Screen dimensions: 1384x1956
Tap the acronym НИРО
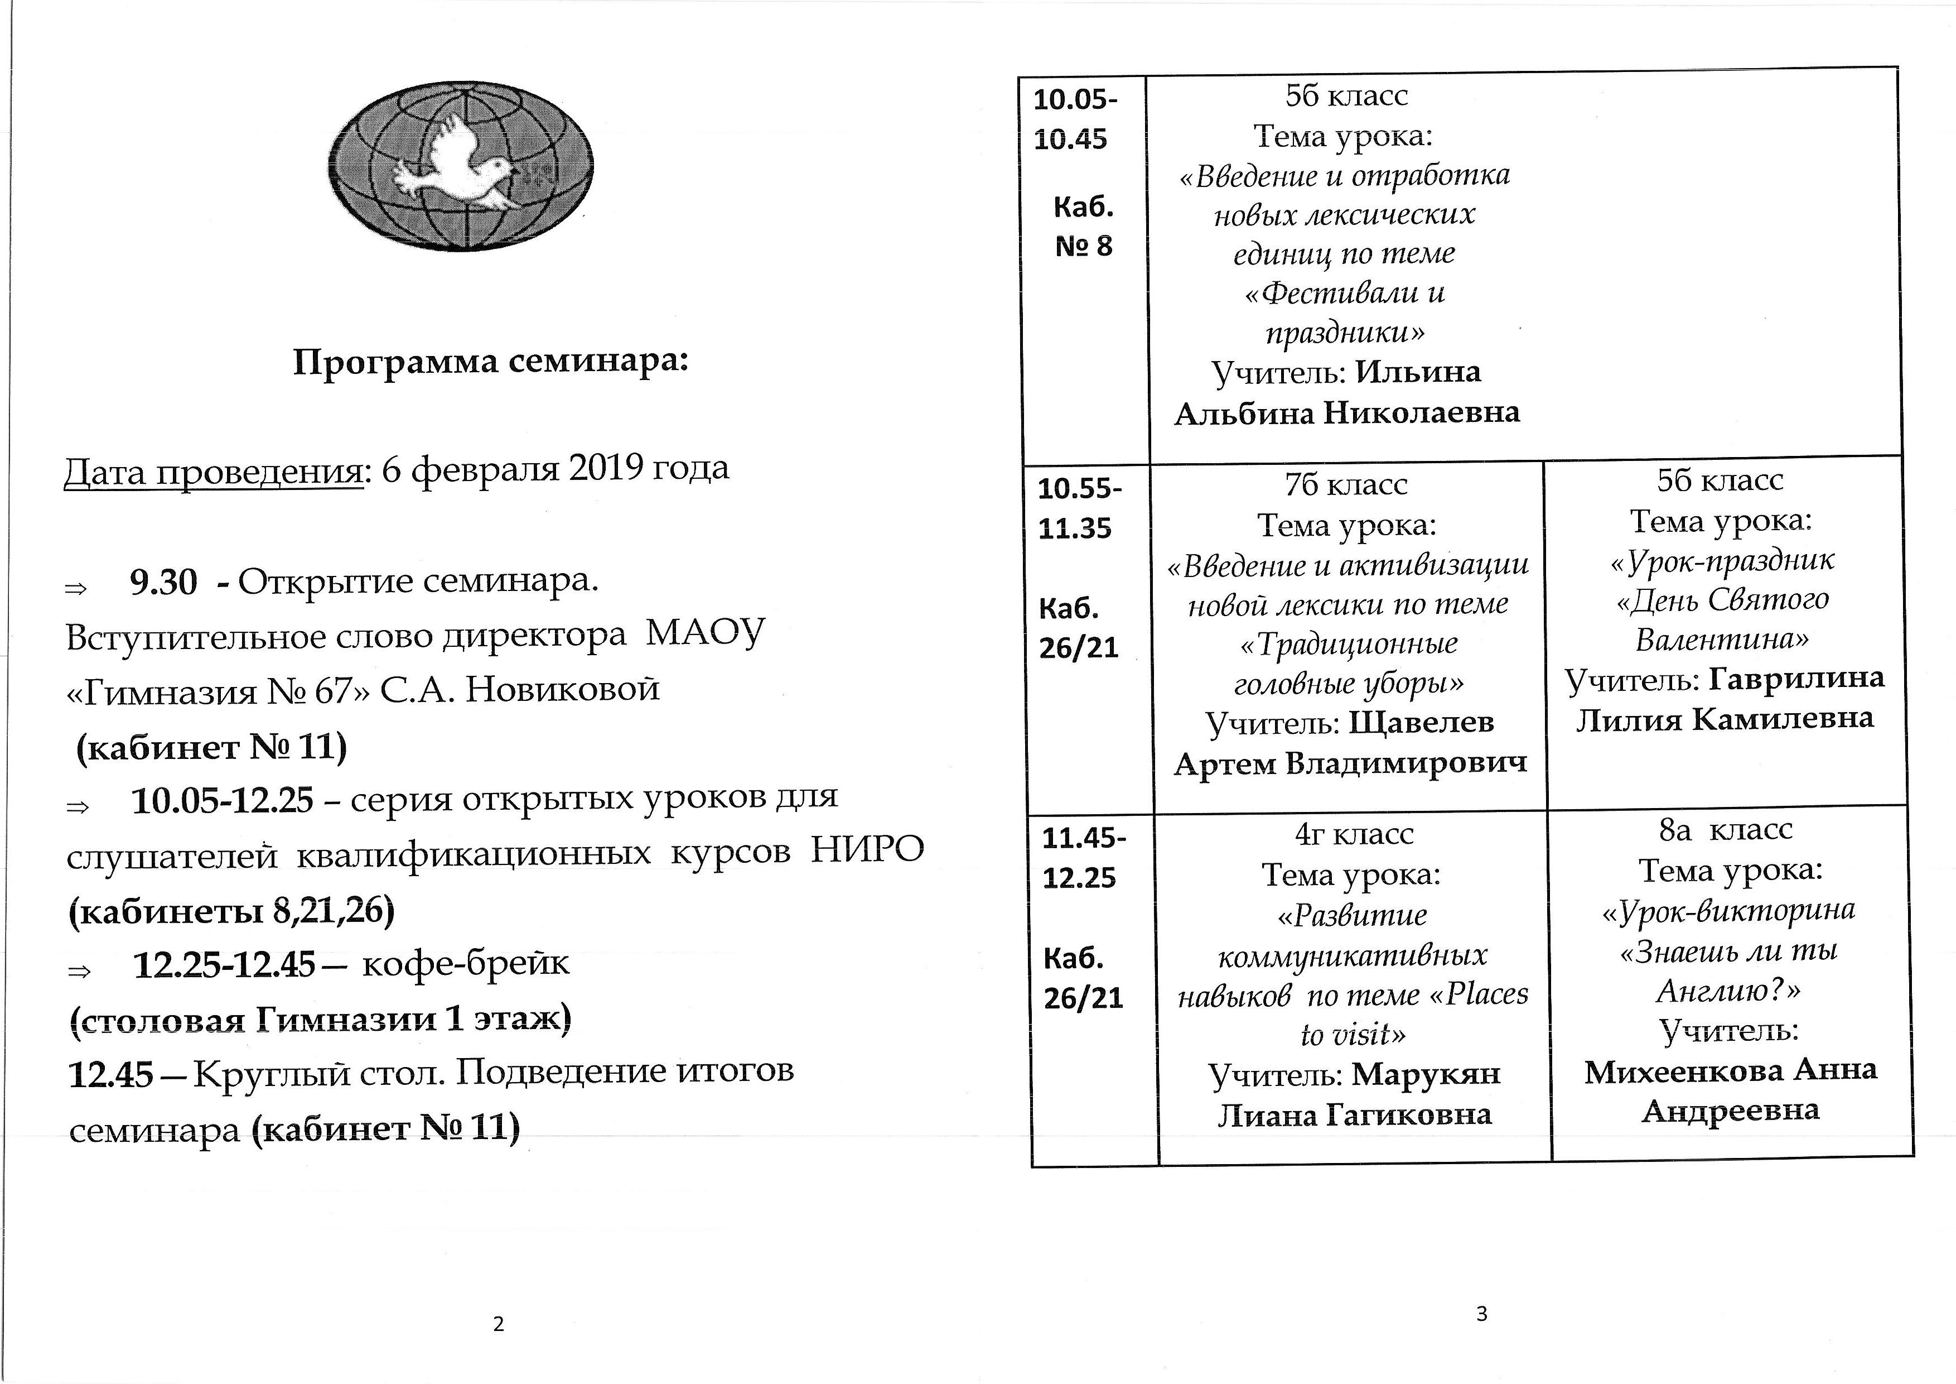(867, 850)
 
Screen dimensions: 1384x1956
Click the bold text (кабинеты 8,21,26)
(231, 911)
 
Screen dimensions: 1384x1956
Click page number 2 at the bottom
(499, 1324)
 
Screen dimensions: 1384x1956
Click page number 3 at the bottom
(1481, 1313)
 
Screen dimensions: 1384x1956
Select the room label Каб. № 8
(1084, 227)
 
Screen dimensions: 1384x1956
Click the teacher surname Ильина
(1418, 372)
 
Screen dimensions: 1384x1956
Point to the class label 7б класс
(1346, 484)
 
